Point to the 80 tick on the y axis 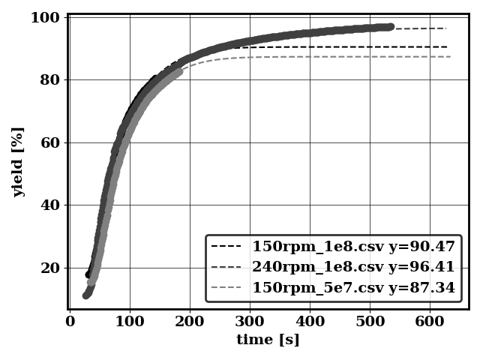point(49,79)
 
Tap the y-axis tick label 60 point(49,142)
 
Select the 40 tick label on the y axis point(49,205)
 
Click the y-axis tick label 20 point(49,268)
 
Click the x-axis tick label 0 point(70,322)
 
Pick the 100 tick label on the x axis point(130,322)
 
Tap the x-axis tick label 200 point(190,322)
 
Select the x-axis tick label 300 point(250,322)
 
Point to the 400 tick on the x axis point(310,322)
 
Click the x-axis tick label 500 point(370,322)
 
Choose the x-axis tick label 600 point(430,322)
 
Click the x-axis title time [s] point(268,340)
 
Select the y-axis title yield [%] point(18,161)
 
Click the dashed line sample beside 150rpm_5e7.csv point(226,287)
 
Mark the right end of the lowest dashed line point(450,56)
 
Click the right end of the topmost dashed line point(445,28)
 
